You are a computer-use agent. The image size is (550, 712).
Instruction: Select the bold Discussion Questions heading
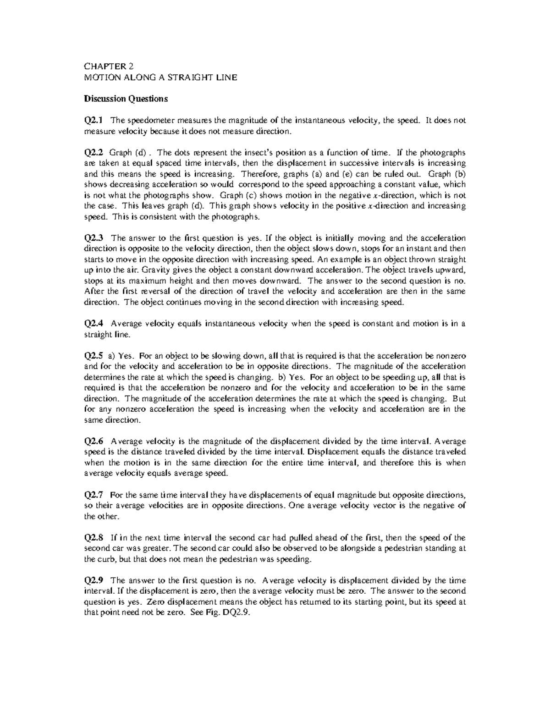pos(126,99)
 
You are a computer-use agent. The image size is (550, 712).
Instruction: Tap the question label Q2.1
pos(94,120)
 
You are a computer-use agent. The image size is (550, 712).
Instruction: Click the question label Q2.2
pos(94,152)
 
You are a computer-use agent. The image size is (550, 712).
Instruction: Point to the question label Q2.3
pos(94,238)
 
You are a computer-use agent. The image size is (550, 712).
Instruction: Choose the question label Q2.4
pos(94,324)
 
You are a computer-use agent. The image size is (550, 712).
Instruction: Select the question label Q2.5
pos(94,356)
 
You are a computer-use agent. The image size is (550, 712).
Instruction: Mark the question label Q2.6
pos(94,441)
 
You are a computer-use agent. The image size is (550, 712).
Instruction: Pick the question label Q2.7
pos(94,495)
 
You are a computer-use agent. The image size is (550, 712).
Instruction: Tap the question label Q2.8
pos(94,538)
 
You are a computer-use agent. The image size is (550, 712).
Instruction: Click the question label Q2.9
pos(94,580)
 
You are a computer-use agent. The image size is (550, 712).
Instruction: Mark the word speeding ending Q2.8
pos(296,559)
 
